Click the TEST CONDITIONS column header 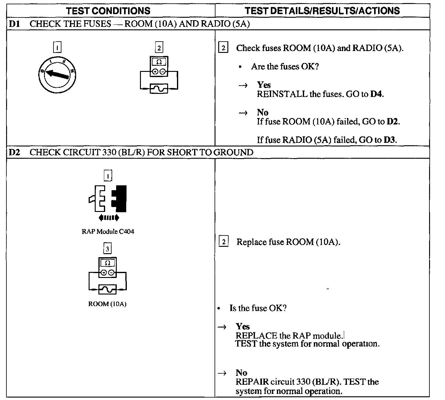click(x=108, y=11)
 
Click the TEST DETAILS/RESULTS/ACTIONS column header click(x=322, y=11)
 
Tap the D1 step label click(x=14, y=24)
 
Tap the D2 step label click(x=14, y=152)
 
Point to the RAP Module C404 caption click(x=108, y=231)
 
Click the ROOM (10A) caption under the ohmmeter click(x=107, y=304)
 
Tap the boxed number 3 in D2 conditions click(x=107, y=249)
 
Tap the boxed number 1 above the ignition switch click(x=57, y=48)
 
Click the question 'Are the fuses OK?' click(x=285, y=66)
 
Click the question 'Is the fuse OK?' click(x=258, y=308)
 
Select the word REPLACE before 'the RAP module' click(x=256, y=336)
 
